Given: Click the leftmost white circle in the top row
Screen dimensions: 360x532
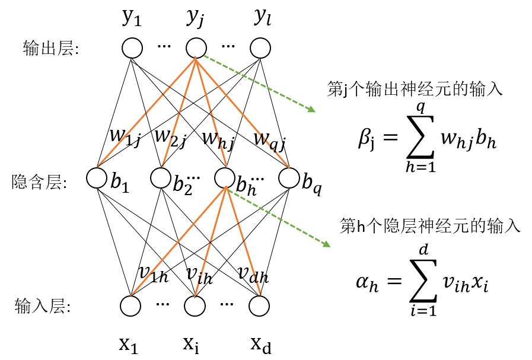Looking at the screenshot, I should pyautogui.click(x=132, y=48).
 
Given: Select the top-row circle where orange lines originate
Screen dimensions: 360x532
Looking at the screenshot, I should pyautogui.click(x=196, y=48).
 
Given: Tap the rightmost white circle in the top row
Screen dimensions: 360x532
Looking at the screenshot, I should pyautogui.click(x=260, y=48).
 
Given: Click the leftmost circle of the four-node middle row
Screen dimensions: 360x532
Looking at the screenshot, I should pyautogui.click(x=97, y=178).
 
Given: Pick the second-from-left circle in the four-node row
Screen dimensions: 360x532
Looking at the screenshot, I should pyautogui.click(x=161, y=178).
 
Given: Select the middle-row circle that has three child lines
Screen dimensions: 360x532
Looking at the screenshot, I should pyautogui.click(x=225, y=178).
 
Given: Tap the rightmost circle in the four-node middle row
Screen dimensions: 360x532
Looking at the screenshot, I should pyautogui.click(x=289, y=178).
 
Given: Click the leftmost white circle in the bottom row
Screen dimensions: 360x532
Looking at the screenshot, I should pyautogui.click(x=130, y=306).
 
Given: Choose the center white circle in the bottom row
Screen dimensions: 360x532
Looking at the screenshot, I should pyautogui.click(x=195, y=306).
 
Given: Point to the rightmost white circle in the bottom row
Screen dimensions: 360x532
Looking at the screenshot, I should pyautogui.click(x=259, y=306).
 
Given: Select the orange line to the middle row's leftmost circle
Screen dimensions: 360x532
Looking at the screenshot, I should pyautogui.click(x=146, y=113).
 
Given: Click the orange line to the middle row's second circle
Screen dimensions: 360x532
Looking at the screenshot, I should pyautogui.click(x=179, y=113).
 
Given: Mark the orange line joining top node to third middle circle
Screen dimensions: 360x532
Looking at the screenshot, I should pyautogui.click(x=211, y=113).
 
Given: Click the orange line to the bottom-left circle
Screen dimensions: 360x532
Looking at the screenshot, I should pyautogui.click(x=178, y=241).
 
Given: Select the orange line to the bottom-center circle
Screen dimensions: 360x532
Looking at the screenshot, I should pyautogui.click(x=211, y=241).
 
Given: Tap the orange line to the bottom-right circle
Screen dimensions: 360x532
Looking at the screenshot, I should pyautogui.click(x=243, y=241).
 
